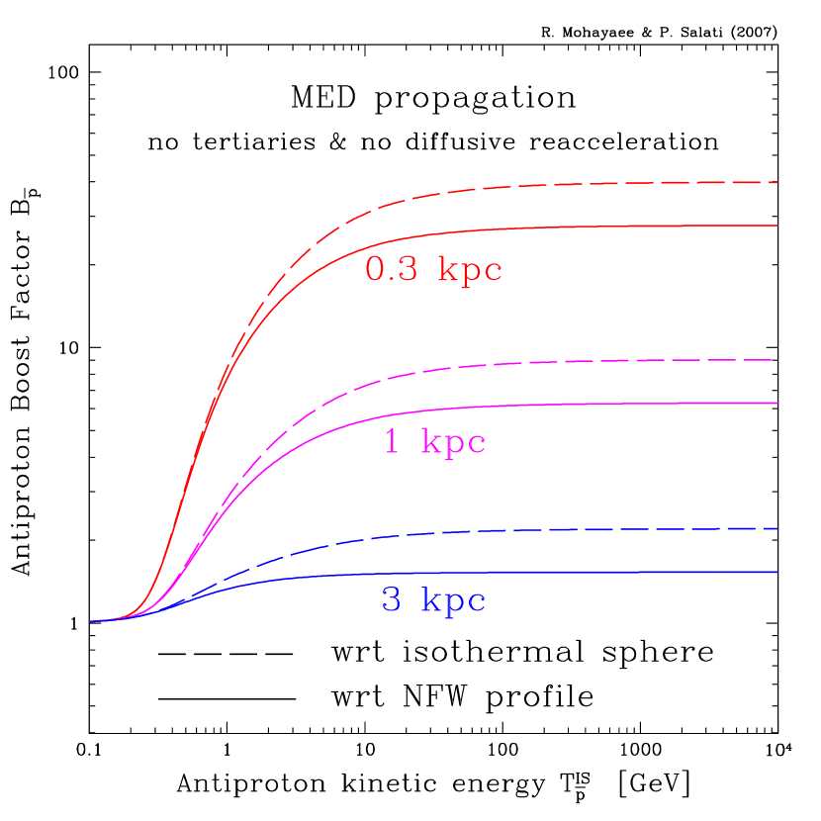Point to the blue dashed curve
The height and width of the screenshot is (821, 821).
click(x=593, y=530)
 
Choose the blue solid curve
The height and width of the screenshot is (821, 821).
click(x=593, y=573)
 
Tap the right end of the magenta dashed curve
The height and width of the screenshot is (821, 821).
click(x=771, y=359)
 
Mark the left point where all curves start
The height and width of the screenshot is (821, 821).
click(x=90, y=621)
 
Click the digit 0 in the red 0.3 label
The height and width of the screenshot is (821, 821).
click(x=376, y=269)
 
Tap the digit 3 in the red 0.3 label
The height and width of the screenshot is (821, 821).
click(x=410, y=269)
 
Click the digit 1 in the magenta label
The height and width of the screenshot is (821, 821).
click(x=392, y=441)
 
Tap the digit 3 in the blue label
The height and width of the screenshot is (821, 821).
click(x=392, y=599)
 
